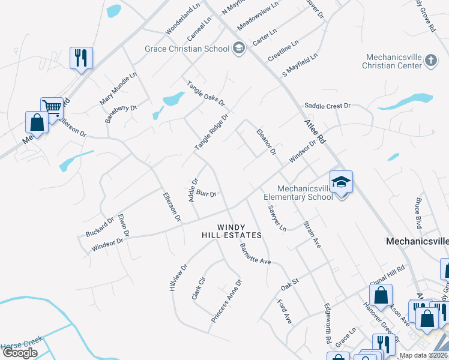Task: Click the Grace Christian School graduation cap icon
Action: point(239,49)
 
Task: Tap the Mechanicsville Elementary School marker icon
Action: point(341,182)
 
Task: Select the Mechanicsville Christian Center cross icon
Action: point(430,60)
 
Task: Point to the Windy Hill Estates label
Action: point(232,231)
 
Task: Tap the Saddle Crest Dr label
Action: point(327,106)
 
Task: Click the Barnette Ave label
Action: point(255,254)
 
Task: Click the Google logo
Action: point(20,353)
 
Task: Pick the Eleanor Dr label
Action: point(266,142)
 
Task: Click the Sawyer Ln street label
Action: point(277,218)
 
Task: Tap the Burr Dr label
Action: point(206,194)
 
